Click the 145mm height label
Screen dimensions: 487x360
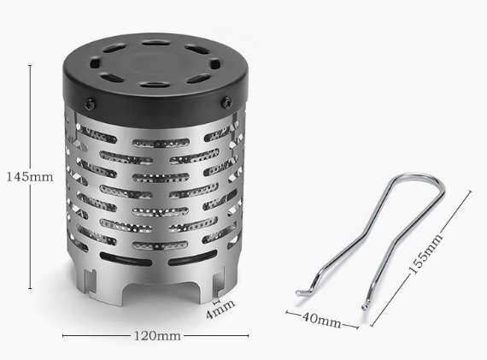click(30, 177)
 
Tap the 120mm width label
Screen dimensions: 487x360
click(157, 336)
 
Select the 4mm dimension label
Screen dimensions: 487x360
click(220, 309)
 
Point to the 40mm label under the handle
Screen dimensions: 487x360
click(321, 320)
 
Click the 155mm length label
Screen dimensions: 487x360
click(426, 254)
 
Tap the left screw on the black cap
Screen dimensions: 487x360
click(91, 103)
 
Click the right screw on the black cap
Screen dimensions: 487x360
click(227, 102)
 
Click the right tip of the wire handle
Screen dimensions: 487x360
click(365, 307)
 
